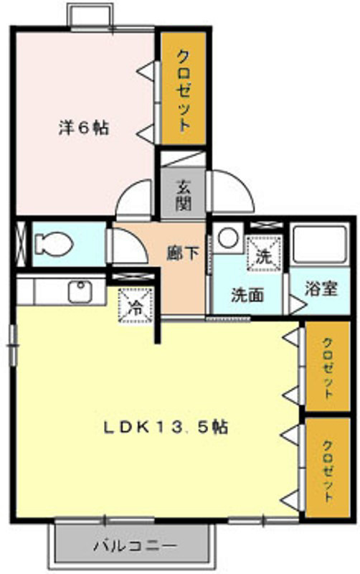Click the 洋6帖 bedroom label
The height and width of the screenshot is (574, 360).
(83, 130)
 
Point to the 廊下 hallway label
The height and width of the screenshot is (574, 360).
(183, 253)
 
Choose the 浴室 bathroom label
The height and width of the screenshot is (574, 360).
(321, 288)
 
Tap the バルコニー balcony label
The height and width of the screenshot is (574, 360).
(134, 545)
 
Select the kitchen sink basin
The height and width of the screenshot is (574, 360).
(77, 291)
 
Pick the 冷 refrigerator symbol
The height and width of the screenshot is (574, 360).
(136, 304)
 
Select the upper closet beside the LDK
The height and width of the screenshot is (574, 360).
(327, 367)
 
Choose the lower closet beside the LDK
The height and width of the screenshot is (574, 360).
(327, 467)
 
